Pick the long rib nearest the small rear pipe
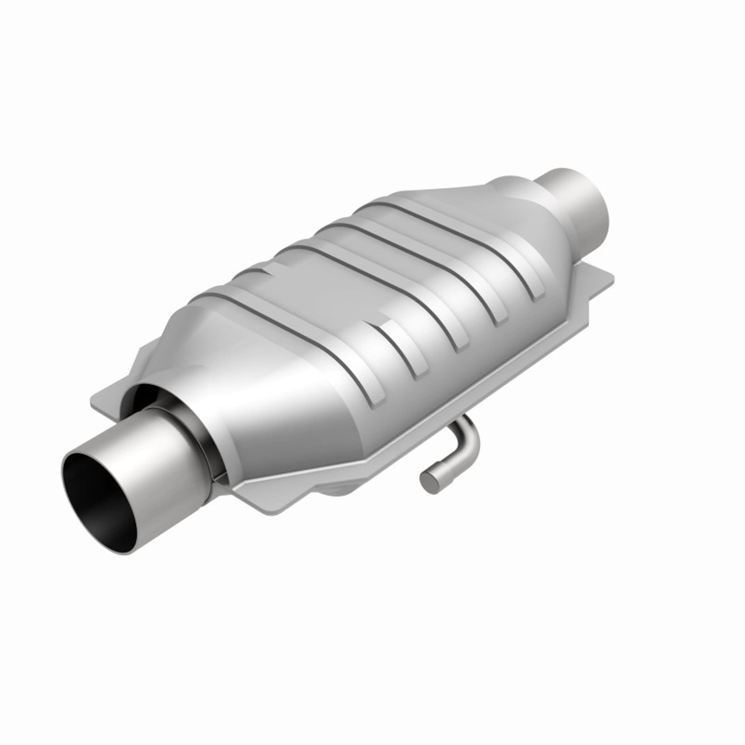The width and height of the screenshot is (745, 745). tap(466, 244)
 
